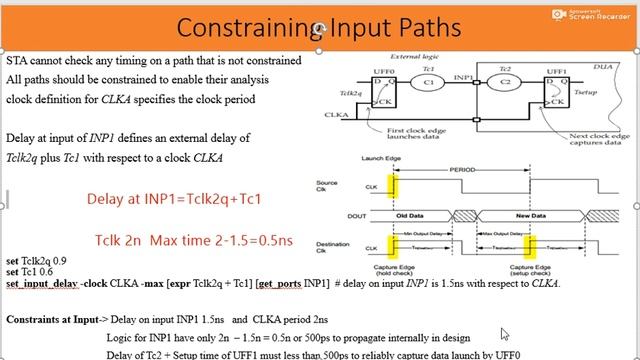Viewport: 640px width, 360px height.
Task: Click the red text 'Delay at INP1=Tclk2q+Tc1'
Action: (x=174, y=199)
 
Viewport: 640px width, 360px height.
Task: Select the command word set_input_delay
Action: (x=43, y=284)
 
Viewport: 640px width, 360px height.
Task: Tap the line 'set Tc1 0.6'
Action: (x=28, y=272)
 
